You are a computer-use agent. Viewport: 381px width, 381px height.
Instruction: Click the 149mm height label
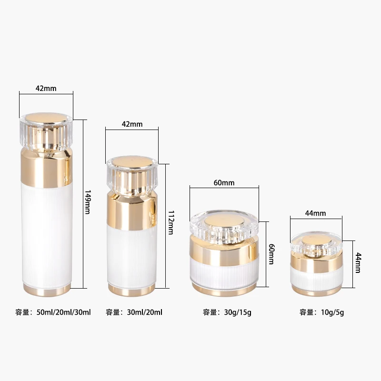point(87,202)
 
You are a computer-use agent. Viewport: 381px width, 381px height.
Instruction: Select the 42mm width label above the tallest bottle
point(46,88)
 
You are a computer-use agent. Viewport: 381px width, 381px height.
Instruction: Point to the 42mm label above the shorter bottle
point(132,124)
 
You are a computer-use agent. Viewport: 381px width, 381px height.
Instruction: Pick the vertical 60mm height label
point(271,254)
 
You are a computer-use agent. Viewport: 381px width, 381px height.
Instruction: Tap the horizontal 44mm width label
point(315,213)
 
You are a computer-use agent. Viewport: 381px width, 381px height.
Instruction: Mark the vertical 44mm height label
point(358,263)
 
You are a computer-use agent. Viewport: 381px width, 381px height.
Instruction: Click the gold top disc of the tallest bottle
point(46,117)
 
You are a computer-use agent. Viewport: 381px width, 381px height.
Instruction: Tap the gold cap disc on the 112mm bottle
point(131,161)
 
